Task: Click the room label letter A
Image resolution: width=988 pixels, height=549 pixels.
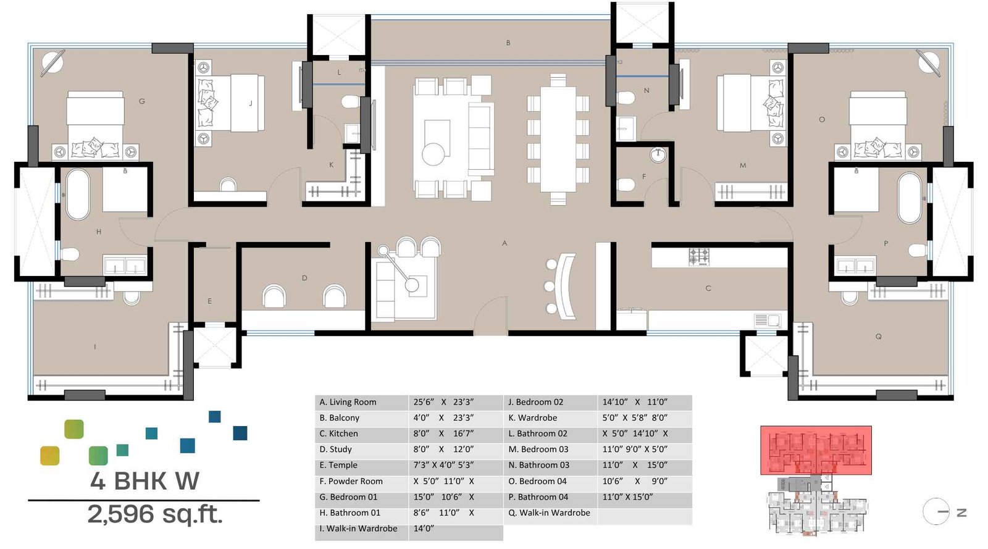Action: coord(504,243)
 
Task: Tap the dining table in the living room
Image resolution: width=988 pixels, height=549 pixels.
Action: coord(558,140)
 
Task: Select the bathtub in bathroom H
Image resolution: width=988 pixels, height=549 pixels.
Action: coord(78,194)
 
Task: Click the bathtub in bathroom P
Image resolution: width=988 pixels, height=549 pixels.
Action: coord(909,198)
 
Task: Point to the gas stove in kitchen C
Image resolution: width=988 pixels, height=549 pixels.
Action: coord(699,256)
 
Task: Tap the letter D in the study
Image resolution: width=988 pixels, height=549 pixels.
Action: coord(304,278)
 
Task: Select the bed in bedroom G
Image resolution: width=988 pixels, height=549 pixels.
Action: coord(95,124)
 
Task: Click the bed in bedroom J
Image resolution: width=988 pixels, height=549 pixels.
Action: coord(230,103)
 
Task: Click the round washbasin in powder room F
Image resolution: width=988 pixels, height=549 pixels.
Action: coord(658,154)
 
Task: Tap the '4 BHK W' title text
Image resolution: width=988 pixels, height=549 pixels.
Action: coord(144,481)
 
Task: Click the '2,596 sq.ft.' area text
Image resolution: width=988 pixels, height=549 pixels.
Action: coord(154,514)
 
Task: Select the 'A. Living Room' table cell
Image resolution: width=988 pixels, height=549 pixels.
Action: coord(361,402)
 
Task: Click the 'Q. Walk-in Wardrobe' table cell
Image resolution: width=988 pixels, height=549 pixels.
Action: coord(550,513)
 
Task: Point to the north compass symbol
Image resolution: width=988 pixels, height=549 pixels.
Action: coord(937,511)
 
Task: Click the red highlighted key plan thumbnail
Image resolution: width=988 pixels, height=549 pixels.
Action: coord(815,450)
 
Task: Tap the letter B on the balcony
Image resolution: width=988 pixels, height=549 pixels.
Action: coord(508,43)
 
